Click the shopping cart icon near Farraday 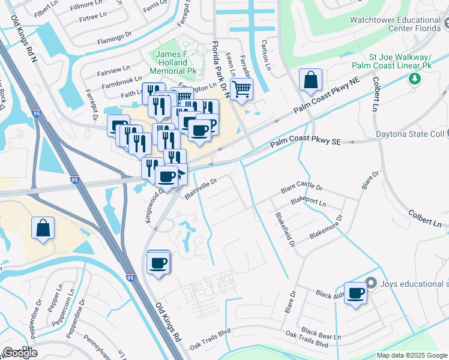(x=241, y=89)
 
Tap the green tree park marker (x=414, y=79)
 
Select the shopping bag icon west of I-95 (x=43, y=228)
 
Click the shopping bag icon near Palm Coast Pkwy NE (x=311, y=80)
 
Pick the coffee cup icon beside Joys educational (x=356, y=293)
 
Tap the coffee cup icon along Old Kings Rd (x=158, y=263)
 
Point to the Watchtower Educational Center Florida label (x=399, y=23)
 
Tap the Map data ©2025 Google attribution (x=411, y=355)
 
